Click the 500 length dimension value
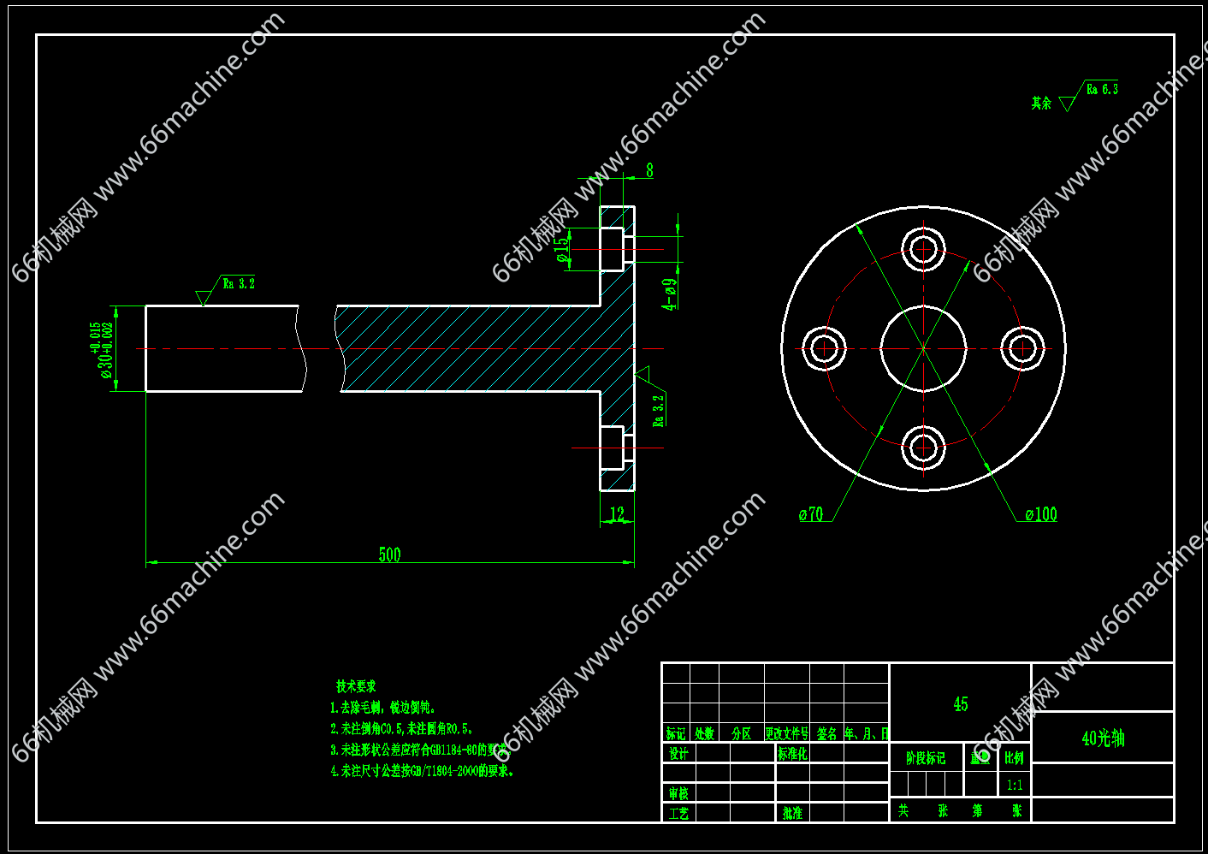pyautogui.click(x=389, y=555)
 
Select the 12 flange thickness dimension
pyautogui.click(x=617, y=513)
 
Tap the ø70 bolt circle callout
pyautogui.click(x=810, y=514)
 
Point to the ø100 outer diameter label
pyautogui.click(x=1040, y=514)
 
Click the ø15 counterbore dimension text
pyautogui.click(x=561, y=250)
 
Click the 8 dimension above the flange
pyautogui.click(x=649, y=170)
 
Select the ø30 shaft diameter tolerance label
pyautogui.click(x=103, y=349)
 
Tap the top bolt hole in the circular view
pyautogui.click(x=923, y=249)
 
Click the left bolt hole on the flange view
pyautogui.click(x=825, y=348)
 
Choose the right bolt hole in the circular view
pyautogui.click(x=1021, y=348)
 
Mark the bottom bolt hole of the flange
pyautogui.click(x=923, y=447)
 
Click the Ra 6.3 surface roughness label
pyautogui.click(x=1102, y=89)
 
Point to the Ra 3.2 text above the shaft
pyautogui.click(x=239, y=283)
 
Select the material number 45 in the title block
pyautogui.click(x=961, y=703)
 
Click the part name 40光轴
pyautogui.click(x=1103, y=738)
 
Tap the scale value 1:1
pyautogui.click(x=1015, y=785)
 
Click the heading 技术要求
pyautogui.click(x=356, y=686)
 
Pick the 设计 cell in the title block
pyautogui.click(x=678, y=754)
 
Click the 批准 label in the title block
pyautogui.click(x=792, y=813)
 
